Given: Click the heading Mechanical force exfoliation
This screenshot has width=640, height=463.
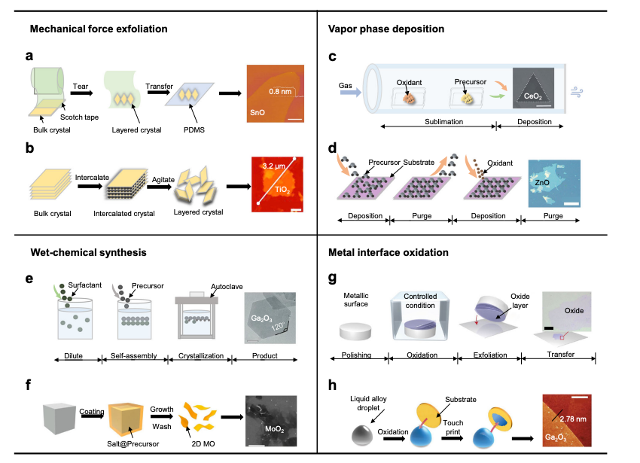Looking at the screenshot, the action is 99,29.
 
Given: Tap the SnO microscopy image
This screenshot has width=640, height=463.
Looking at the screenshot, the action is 276,93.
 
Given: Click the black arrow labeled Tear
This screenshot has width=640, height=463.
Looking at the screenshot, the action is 81,93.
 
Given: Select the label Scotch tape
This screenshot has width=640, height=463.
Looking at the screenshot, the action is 79,117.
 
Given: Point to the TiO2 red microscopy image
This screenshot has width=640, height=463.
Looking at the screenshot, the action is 277,184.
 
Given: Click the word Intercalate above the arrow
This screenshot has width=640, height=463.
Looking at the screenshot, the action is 92,177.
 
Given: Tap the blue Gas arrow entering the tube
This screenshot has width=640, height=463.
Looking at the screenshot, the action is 350,93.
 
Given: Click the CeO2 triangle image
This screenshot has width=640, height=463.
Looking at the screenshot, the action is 533,88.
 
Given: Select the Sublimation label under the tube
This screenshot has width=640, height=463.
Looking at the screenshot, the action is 443,122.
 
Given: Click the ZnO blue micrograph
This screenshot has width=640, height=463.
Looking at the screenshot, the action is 554,184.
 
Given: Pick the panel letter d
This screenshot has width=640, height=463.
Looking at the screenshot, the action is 332,148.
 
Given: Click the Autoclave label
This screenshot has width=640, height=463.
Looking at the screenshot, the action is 227,287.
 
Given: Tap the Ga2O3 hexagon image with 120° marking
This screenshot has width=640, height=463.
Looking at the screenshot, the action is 270,318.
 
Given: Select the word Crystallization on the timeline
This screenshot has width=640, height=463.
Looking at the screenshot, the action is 201,355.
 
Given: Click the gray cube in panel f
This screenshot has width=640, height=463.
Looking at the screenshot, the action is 59,419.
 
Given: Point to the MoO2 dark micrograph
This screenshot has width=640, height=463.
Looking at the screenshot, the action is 271,421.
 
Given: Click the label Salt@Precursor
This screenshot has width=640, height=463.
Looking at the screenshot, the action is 133,444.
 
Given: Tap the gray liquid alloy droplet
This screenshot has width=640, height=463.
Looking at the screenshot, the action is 362,435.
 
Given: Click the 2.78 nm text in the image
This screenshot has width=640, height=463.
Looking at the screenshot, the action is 573,419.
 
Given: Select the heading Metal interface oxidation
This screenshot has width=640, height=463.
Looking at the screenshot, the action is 389,253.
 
